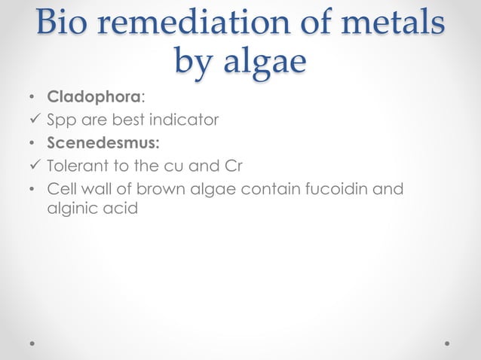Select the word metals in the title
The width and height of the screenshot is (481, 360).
(394, 23)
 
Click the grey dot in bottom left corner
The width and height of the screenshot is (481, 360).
(32, 343)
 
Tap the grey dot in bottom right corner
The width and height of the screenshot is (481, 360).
(448, 343)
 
